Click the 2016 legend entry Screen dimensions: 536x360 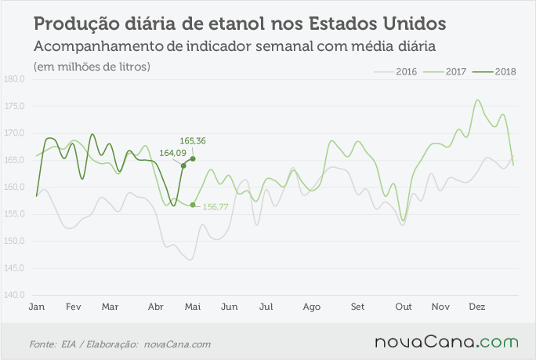(396, 72)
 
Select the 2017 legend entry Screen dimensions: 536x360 (445, 72)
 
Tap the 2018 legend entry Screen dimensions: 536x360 (494, 72)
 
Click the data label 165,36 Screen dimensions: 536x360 (193, 141)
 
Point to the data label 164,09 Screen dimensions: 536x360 (173, 153)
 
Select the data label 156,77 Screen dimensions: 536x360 (215, 207)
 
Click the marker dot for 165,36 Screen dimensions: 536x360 (193, 158)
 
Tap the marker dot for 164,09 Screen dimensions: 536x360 (183, 165)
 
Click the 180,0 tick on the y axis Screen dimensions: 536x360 (14, 79)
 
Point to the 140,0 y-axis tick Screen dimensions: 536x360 (14, 295)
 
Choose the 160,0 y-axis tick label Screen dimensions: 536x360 (14, 187)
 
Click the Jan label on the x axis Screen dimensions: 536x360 (37, 307)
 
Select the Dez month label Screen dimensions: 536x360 (477, 307)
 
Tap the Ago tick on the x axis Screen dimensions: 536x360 (312, 307)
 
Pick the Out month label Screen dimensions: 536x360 (404, 307)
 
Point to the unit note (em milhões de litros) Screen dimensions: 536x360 (92, 67)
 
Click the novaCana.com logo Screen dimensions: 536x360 (447, 342)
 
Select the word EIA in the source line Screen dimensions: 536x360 (68, 344)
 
